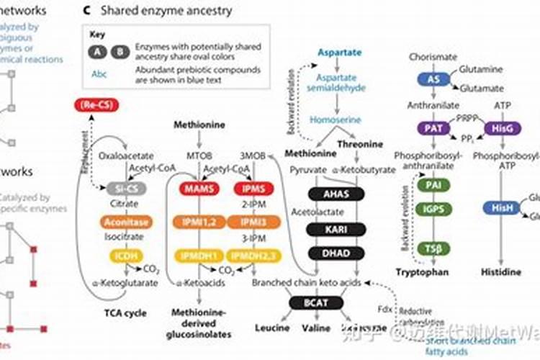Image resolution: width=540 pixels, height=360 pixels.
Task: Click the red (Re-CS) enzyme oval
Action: pos(96,107)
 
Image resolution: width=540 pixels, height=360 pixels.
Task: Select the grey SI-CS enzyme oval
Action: pos(125,189)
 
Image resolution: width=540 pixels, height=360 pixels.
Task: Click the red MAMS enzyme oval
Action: pos(196,189)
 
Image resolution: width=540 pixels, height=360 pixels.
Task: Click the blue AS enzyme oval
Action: pos(433,79)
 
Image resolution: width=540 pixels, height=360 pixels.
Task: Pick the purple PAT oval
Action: pos(433,128)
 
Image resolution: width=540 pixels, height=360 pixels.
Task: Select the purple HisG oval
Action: pos(500,128)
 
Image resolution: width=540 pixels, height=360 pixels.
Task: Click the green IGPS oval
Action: pos(433,209)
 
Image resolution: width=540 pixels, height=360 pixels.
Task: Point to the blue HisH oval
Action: pos(502,207)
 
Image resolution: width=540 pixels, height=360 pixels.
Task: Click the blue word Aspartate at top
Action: pos(341,53)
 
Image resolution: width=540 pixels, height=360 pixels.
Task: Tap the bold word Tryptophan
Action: pos(422,271)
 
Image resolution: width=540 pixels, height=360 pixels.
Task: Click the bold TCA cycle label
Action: pos(123,313)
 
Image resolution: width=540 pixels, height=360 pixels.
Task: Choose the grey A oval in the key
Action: pos(97,52)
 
